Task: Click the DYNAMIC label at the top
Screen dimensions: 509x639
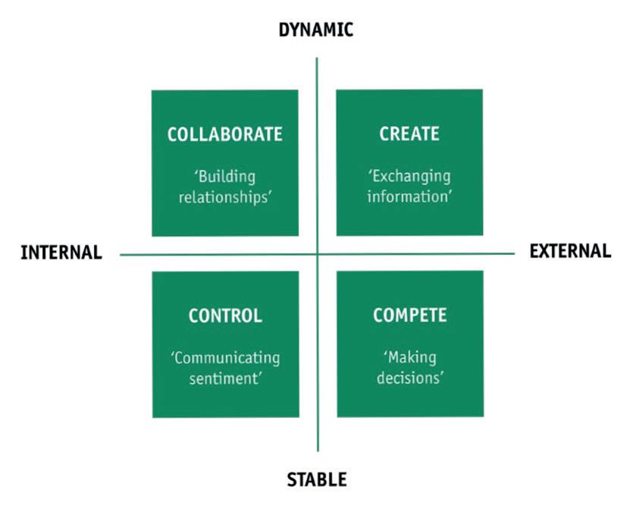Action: tap(316, 30)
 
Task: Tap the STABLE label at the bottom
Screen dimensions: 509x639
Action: tap(316, 479)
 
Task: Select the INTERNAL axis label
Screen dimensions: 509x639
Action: tap(61, 253)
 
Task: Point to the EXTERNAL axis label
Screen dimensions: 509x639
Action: tap(570, 251)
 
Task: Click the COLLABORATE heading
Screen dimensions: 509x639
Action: tap(224, 134)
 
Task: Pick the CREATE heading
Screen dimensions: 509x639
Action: tap(409, 134)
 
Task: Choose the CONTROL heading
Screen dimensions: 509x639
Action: tap(225, 316)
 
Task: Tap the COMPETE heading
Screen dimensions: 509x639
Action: tap(409, 316)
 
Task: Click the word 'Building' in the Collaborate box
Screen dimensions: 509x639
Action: tap(224, 177)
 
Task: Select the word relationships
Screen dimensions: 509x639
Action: tap(224, 197)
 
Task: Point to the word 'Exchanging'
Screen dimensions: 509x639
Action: tap(409, 177)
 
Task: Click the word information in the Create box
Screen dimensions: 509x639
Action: tap(409, 196)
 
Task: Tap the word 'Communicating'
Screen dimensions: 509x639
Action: tap(225, 358)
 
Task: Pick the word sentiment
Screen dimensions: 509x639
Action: tap(225, 378)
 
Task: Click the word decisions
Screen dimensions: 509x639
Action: tap(409, 378)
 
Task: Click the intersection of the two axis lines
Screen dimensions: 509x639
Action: tap(318, 254)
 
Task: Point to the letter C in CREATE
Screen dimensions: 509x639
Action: tap(384, 134)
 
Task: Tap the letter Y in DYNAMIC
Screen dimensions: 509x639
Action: tap(294, 30)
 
